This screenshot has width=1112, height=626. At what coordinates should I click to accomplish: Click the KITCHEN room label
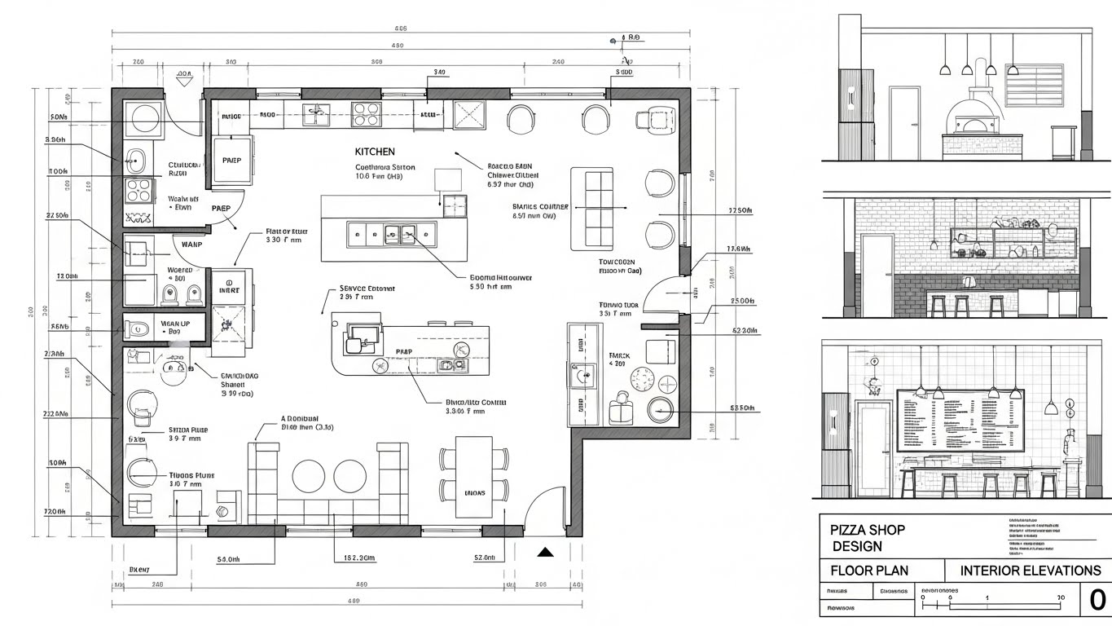coord(375,152)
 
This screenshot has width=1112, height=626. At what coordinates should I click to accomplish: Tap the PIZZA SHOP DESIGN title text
coord(867,537)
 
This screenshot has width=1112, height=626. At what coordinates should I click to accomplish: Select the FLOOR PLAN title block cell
coord(868,571)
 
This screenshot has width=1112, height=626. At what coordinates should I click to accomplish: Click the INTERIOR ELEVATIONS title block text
coord(1031,571)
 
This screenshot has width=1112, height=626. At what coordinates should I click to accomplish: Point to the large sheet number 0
coord(1097,601)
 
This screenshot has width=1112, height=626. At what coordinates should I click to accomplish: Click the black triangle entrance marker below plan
coord(545,553)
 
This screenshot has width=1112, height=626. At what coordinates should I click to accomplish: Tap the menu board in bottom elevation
coord(960,420)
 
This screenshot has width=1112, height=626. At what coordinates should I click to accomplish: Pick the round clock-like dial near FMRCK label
coord(643,378)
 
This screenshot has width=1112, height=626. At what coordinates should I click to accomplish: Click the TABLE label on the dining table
coord(475,492)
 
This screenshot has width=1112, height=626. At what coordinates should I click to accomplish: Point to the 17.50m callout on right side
coord(739,211)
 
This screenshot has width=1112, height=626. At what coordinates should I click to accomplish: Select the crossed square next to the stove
coord(469,116)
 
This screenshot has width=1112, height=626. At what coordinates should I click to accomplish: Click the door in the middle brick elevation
coord(878,275)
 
